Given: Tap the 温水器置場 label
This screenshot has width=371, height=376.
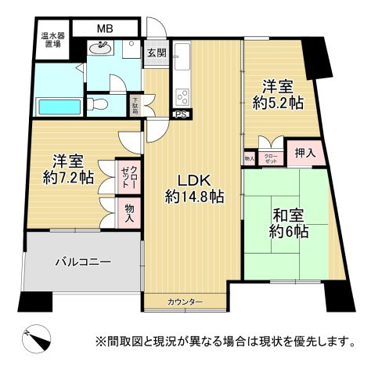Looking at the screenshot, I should click(54, 41).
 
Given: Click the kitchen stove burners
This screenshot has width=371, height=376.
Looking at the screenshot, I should click(182, 97).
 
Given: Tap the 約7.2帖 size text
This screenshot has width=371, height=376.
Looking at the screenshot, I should click(67, 176).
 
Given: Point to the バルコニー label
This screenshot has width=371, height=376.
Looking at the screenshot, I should click(83, 262).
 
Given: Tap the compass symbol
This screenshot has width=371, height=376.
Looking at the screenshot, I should click(38, 338).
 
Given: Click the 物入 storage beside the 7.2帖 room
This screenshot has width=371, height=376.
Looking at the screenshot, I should click(129, 211).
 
